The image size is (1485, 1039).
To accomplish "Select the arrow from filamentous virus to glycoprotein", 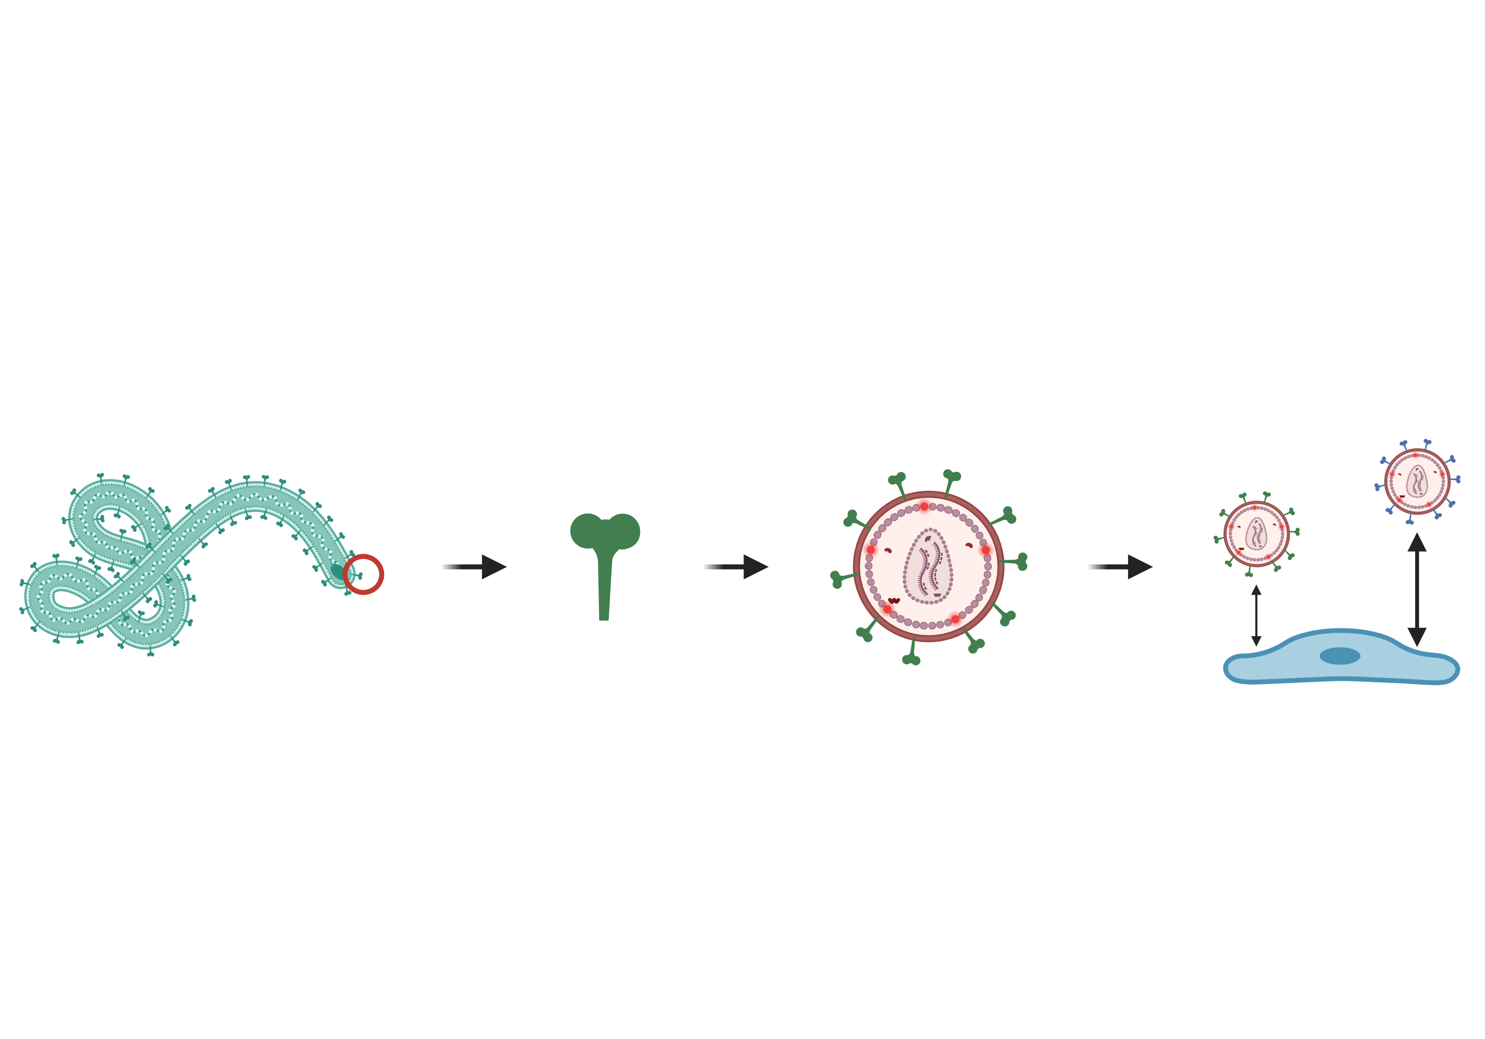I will pos(473,567).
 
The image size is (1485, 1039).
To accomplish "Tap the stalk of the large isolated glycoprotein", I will pos(604,585).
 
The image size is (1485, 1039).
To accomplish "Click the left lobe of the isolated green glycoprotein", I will pos(586,531).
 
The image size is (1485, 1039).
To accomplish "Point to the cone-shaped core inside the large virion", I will pos(928,566).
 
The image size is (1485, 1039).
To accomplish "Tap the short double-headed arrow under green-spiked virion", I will pos(1256,615).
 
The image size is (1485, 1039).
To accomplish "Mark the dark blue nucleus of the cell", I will pos(1339,656).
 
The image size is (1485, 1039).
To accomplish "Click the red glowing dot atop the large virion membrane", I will pos(924,506).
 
